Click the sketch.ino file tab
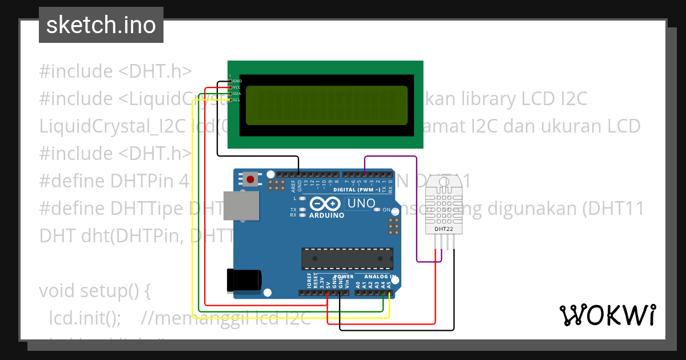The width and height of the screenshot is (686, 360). pos(101,25)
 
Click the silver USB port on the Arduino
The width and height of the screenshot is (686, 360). pos(240,206)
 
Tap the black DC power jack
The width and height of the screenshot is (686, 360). pos(244,280)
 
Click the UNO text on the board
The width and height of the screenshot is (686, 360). pos(361,203)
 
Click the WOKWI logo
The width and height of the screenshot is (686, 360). pos(607,315)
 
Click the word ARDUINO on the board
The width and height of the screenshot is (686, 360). pos(326,215)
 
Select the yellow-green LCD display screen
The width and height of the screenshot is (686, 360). pos(326,106)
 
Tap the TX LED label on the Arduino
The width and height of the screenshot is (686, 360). pos(293,210)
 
